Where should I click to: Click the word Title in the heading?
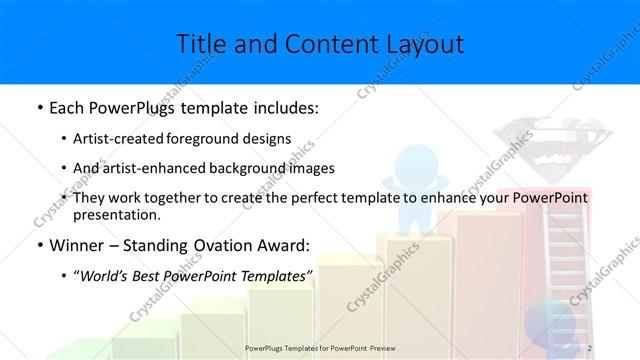(202, 43)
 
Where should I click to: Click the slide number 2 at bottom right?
(590, 348)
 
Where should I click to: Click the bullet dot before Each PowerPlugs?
(39, 107)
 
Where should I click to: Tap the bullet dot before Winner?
(39, 245)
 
